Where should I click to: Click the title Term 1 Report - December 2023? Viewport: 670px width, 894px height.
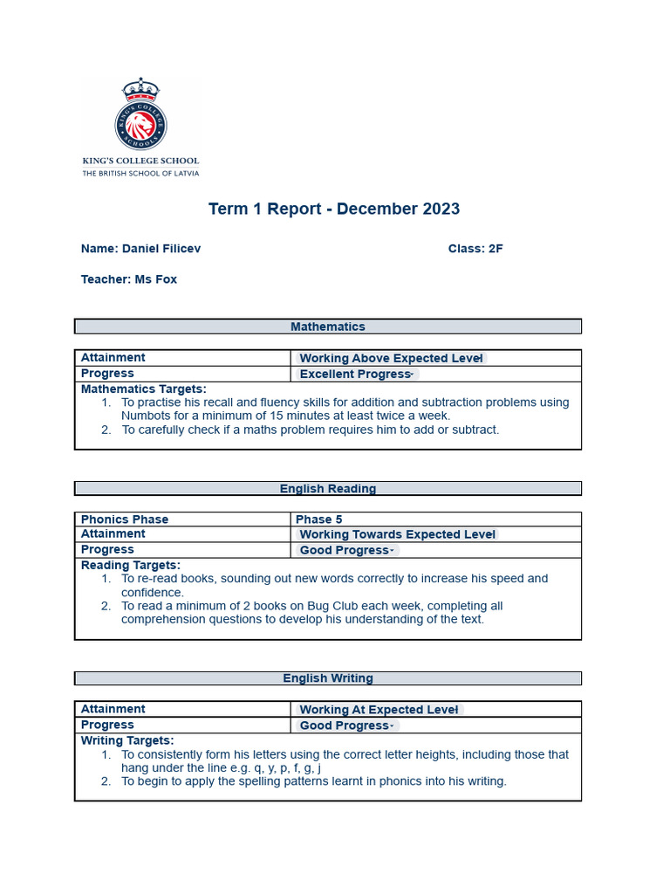(333, 209)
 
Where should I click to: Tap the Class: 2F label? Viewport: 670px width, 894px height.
(475, 249)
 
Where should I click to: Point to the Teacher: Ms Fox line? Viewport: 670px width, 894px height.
(129, 279)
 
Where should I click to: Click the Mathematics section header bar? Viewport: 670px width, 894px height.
(328, 327)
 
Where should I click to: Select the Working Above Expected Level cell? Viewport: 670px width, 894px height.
(392, 358)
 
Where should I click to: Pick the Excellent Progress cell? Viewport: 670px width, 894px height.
(356, 374)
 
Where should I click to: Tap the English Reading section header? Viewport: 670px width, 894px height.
(328, 489)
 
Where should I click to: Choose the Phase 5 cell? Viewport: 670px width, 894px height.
(319, 519)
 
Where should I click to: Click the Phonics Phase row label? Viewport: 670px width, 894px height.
(125, 519)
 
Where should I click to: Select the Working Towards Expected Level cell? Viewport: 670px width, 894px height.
(397, 534)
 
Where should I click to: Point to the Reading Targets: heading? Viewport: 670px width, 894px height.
(131, 566)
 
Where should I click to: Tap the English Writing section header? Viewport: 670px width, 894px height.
(328, 678)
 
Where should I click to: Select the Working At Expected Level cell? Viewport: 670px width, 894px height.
(379, 710)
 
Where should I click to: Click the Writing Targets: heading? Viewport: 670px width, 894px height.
(127, 740)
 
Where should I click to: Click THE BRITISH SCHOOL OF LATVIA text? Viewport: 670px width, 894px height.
(140, 174)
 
